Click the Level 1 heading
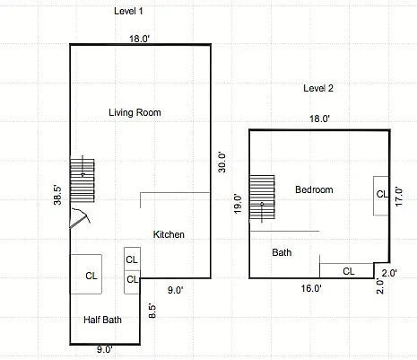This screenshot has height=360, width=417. coord(128,12)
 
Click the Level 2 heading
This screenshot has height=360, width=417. coord(318,88)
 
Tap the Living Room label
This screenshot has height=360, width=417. coord(135,112)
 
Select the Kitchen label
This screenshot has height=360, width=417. coord(169,234)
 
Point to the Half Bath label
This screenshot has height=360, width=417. coord(102,320)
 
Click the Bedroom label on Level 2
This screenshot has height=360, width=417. coord(314,189)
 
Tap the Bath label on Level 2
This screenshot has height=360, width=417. coord(282,252)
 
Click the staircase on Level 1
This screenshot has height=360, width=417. coord(83,180)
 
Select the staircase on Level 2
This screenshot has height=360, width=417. coord(262,198)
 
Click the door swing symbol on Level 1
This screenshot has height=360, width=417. coord(80,218)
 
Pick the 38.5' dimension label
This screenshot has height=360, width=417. coord(57,196)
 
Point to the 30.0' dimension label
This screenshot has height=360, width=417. coord(222,162)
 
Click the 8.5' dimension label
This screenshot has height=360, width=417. coord(152,312)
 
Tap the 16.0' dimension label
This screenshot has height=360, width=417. coord(311,288)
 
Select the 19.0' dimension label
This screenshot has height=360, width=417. coord(238,204)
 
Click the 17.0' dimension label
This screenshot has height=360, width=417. coord(399,197)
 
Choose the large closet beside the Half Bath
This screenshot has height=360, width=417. coord(86,274)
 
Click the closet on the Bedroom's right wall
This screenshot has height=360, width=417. coord(381,196)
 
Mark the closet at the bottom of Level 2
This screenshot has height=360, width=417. coord(347,271)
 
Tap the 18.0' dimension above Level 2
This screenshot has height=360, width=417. coord(319,119)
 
